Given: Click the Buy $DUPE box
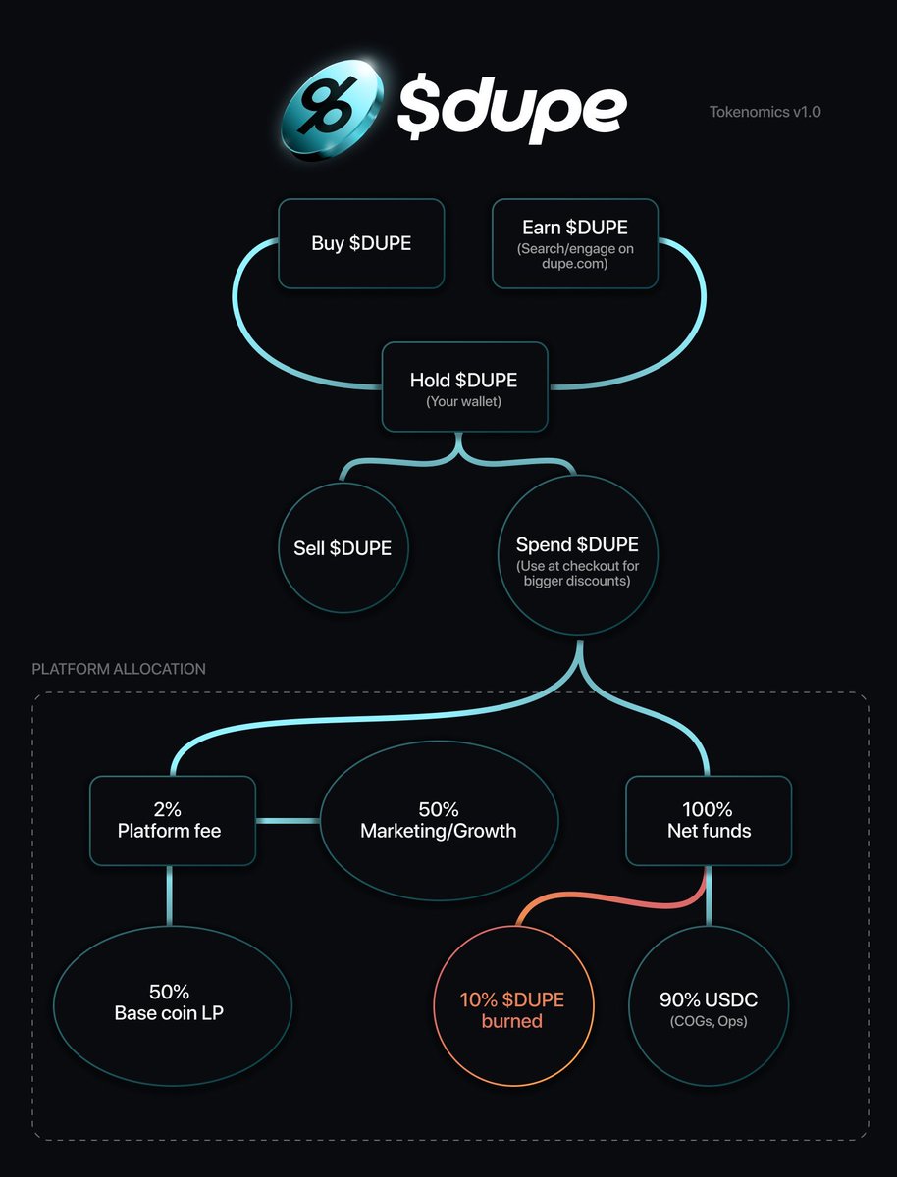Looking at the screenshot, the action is (x=361, y=243).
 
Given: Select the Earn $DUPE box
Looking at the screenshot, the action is (x=575, y=243).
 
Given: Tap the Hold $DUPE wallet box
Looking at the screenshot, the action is (x=464, y=386).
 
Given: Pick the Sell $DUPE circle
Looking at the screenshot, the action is (x=343, y=547).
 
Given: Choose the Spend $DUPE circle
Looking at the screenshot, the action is (x=578, y=555).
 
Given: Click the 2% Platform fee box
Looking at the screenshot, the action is (x=173, y=820).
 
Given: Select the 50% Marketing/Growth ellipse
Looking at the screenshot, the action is (x=440, y=820).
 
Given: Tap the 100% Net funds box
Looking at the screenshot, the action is (x=709, y=820).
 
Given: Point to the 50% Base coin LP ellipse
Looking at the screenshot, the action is (x=173, y=1005).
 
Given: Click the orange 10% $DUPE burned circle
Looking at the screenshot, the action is (x=513, y=1005).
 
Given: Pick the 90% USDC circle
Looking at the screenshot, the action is (x=709, y=1005).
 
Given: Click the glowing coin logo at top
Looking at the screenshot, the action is (x=333, y=110).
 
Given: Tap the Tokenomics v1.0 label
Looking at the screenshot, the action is (x=765, y=112).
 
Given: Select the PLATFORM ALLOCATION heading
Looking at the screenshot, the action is (x=119, y=669).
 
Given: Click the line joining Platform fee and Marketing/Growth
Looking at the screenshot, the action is (x=289, y=820).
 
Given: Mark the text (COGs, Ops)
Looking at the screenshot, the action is (x=709, y=1021).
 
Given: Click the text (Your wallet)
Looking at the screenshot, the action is (x=464, y=401).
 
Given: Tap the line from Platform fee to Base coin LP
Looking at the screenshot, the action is (x=170, y=896).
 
